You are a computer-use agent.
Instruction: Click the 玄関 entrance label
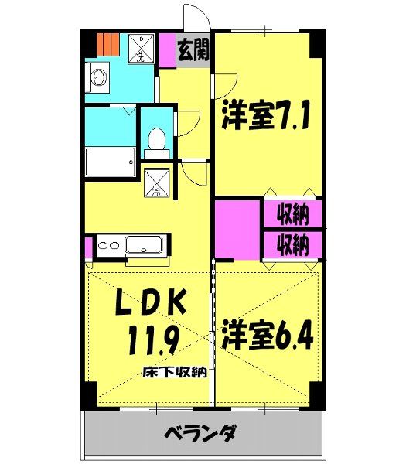click(x=193, y=53)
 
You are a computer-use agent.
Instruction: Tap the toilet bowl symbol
click(x=155, y=141)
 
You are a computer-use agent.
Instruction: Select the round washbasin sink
click(x=98, y=77)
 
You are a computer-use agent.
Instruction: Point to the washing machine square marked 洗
click(x=141, y=49)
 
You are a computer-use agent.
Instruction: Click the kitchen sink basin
click(x=144, y=247)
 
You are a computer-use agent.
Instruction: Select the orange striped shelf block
click(x=107, y=44)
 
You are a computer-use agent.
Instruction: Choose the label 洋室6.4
click(x=268, y=337)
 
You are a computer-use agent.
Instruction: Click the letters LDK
click(x=152, y=304)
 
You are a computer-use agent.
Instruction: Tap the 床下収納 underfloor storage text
click(x=174, y=374)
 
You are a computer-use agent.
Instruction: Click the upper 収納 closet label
click(x=292, y=213)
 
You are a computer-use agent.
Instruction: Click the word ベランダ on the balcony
click(x=200, y=433)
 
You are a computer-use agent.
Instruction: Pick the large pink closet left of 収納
click(x=237, y=229)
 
